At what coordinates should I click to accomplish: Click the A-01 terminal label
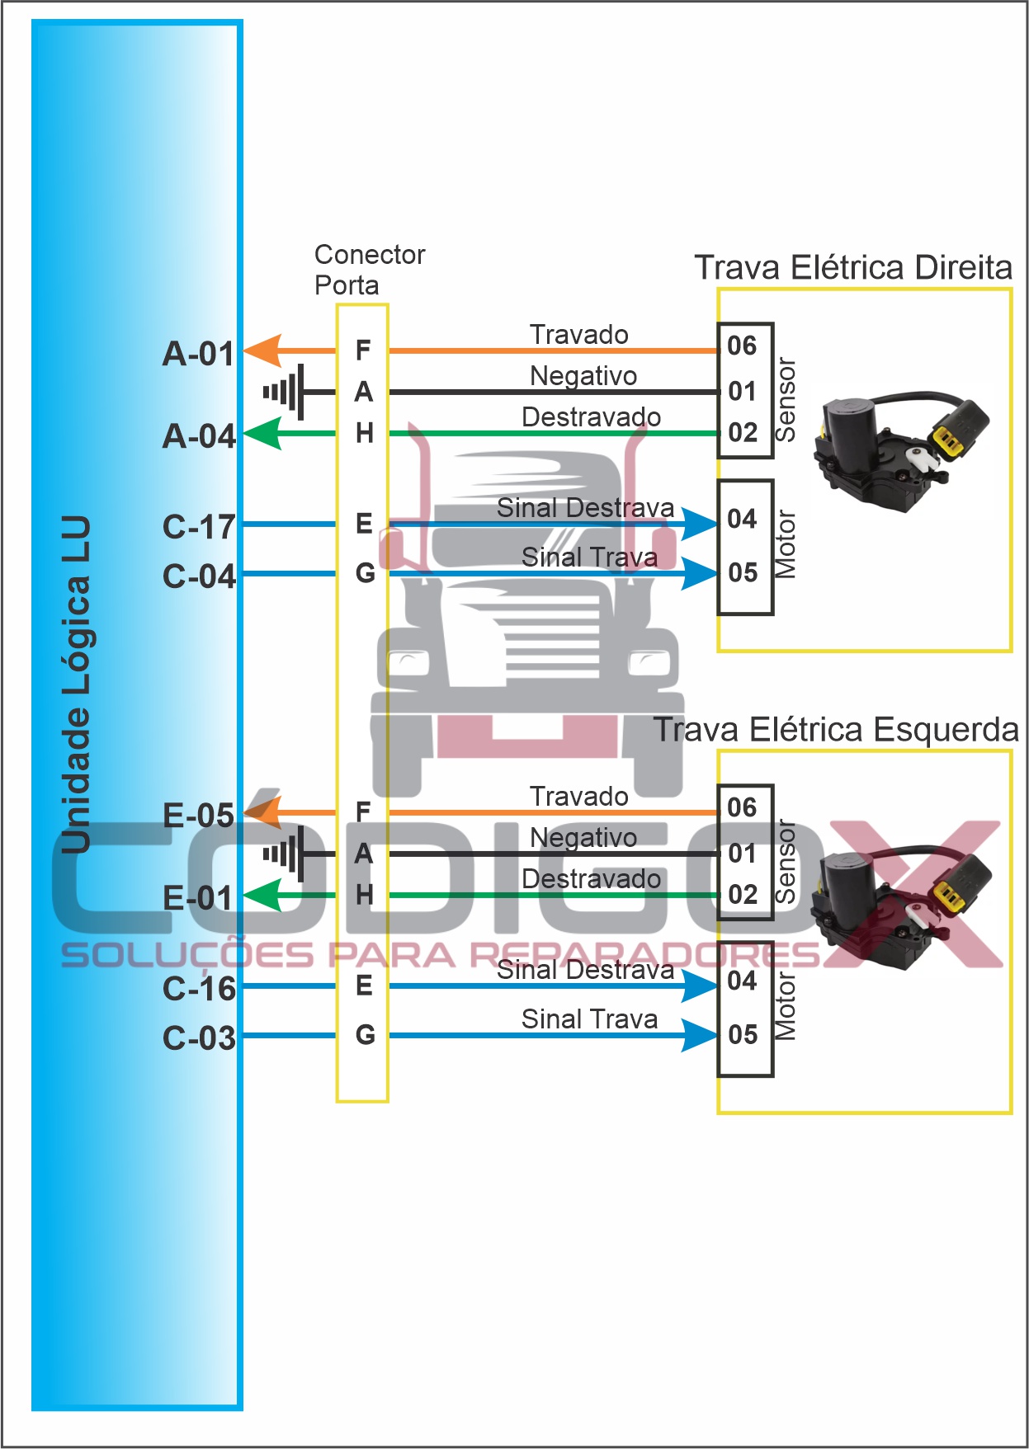click(199, 354)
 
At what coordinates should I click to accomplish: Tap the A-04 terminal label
click(199, 436)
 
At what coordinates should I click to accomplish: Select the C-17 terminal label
click(199, 527)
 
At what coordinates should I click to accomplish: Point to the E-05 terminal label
click(199, 816)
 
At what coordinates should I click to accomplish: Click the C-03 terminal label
click(199, 1038)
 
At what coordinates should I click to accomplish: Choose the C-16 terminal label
click(199, 989)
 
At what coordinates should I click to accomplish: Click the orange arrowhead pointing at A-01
click(263, 351)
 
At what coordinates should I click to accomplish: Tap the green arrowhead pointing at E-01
click(263, 896)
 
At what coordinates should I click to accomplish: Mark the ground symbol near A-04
click(285, 392)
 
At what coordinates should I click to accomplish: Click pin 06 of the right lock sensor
click(742, 346)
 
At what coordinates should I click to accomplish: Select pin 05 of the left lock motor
click(743, 1034)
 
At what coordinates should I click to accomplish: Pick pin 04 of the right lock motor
click(742, 519)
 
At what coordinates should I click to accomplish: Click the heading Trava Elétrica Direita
click(853, 268)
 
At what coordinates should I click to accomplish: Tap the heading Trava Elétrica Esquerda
click(836, 730)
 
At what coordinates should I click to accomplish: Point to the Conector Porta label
click(369, 270)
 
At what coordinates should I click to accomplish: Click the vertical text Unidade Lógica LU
click(76, 685)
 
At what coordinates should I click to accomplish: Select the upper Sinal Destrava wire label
click(585, 508)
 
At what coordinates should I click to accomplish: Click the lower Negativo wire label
click(583, 838)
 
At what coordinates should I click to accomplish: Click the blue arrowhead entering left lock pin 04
click(700, 986)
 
